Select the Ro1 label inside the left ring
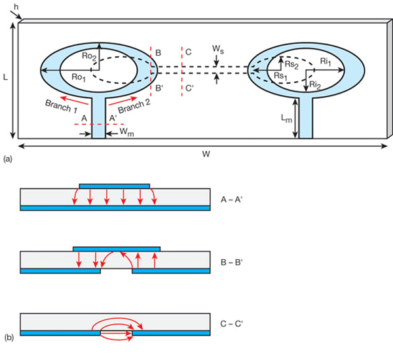click(x=79, y=77)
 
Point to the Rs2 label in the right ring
click(x=292, y=63)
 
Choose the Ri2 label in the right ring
click(x=315, y=85)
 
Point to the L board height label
click(x=6, y=77)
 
